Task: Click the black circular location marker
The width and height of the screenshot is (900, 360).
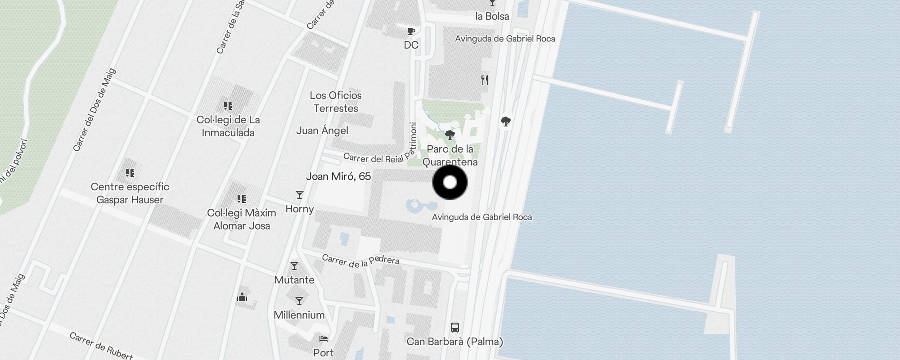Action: click(450, 182)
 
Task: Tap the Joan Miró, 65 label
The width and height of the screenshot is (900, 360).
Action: click(338, 176)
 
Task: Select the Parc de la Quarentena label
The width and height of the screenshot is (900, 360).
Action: click(450, 155)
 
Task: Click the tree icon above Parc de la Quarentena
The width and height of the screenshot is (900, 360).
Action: click(450, 135)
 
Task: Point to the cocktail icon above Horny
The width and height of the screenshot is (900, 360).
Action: click(300, 195)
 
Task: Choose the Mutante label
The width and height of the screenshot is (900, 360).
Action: click(294, 280)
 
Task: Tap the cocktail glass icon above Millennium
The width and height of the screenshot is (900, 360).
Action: click(299, 301)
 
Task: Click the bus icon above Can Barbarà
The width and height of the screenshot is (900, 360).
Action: click(455, 327)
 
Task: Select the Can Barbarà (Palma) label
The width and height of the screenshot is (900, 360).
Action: click(455, 342)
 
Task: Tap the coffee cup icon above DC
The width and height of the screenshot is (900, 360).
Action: click(411, 31)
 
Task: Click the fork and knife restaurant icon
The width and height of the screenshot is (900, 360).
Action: click(485, 80)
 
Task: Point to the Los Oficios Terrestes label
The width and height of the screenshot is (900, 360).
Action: click(336, 102)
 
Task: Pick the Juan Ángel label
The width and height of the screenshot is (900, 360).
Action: click(322, 130)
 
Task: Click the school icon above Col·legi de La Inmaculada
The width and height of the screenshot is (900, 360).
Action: click(228, 106)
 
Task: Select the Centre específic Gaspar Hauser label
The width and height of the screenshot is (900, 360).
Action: click(130, 193)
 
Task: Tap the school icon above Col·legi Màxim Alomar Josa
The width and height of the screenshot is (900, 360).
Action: click(242, 198)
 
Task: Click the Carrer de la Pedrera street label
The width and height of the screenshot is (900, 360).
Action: click(360, 261)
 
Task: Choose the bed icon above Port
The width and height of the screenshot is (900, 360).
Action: click(324, 338)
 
